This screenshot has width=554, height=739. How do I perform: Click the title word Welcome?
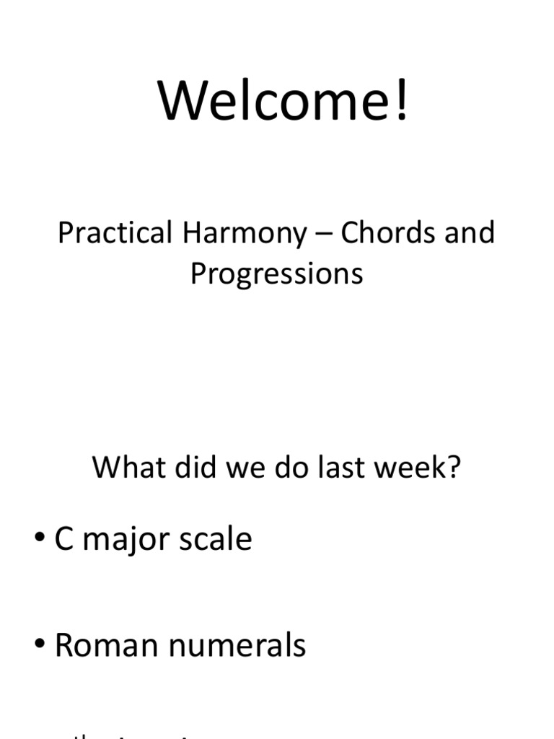coord(283,100)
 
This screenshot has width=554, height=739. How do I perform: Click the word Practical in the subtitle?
coord(126,233)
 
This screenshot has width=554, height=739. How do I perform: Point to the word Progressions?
coord(276,275)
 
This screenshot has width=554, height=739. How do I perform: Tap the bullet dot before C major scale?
coord(40,540)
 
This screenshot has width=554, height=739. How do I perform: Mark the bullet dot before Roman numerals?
coord(40,645)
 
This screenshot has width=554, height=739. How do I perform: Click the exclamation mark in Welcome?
coord(401,100)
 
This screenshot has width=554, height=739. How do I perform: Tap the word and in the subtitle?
coord(469,233)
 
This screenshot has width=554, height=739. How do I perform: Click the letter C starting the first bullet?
coord(64,540)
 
